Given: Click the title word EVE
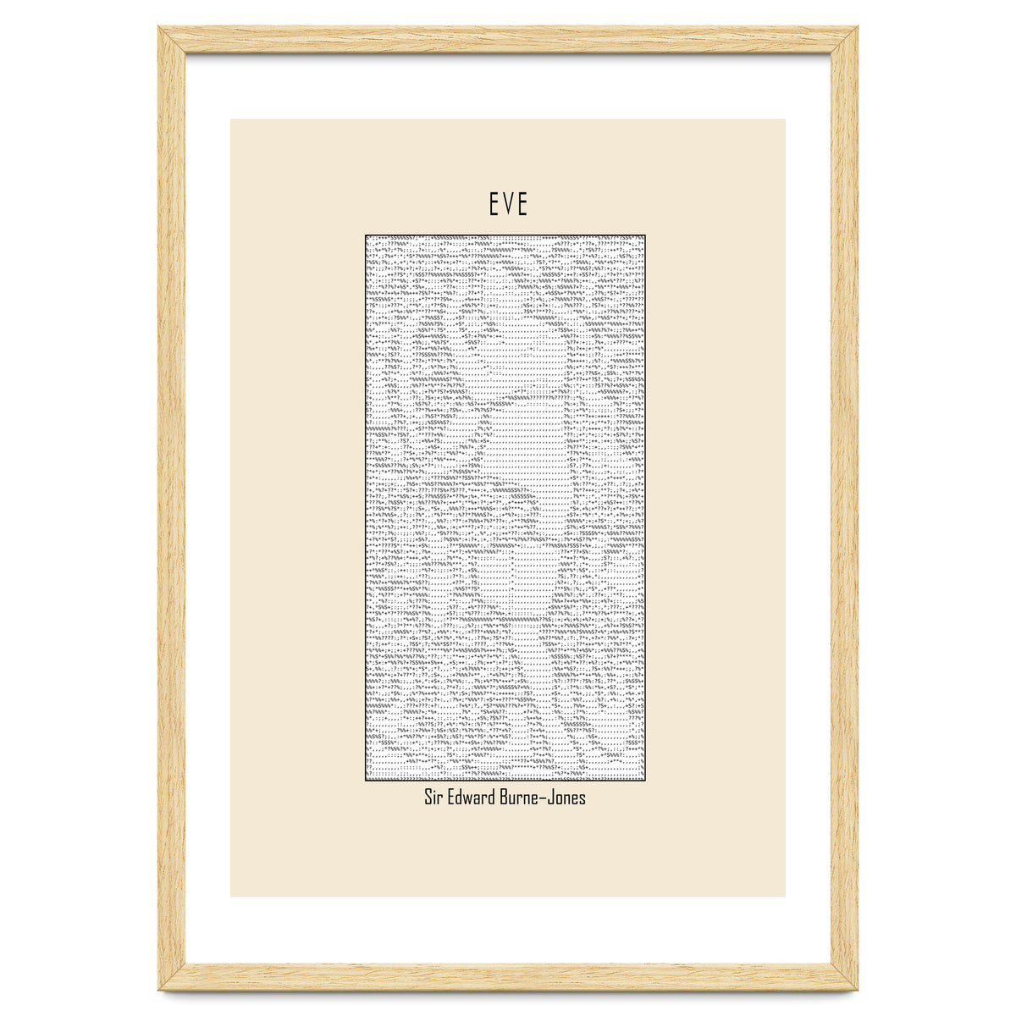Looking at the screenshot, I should pos(508,204).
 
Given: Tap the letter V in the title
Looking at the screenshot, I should pos(508,204).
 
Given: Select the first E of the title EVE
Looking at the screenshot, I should pos(494,204).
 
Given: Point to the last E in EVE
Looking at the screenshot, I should pos(522,204).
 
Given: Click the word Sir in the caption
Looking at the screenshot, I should pos(434,798).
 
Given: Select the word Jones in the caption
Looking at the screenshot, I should pos(567,798).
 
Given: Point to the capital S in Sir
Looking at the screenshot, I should pos(428,798).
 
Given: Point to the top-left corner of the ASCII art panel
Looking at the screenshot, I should pos(366,235).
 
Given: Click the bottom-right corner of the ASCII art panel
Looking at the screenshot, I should pos(646,781).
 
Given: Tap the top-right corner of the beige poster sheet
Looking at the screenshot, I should pos(785,119).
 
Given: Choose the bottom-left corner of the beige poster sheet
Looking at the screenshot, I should pos(231,896).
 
